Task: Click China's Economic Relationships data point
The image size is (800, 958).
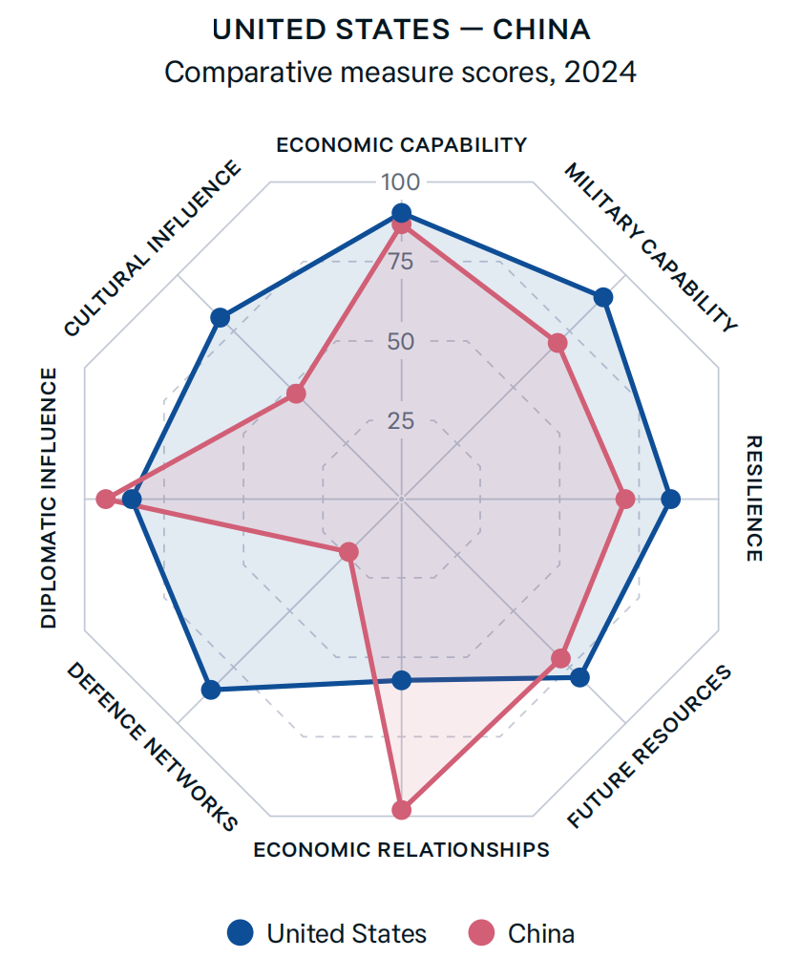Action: (402, 810)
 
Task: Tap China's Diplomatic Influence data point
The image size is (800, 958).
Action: (106, 499)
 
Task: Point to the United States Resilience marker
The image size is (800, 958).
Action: (671, 499)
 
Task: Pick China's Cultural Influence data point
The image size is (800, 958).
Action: (296, 394)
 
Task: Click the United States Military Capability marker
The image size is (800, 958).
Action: (603, 298)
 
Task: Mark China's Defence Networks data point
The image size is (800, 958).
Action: (349, 552)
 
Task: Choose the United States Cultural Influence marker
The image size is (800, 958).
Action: (220, 317)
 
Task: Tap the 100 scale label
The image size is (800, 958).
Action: (401, 182)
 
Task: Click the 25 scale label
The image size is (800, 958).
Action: (401, 420)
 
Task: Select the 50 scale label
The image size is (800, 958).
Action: (401, 341)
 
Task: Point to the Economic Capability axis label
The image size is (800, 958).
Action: (401, 145)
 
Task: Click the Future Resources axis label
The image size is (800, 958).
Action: (649, 747)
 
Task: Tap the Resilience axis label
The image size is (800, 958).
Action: (753, 499)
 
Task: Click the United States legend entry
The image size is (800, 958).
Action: (328, 932)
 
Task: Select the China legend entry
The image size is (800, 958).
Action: (524, 932)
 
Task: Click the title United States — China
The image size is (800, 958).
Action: (401, 30)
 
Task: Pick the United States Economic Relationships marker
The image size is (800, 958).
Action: (402, 680)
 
